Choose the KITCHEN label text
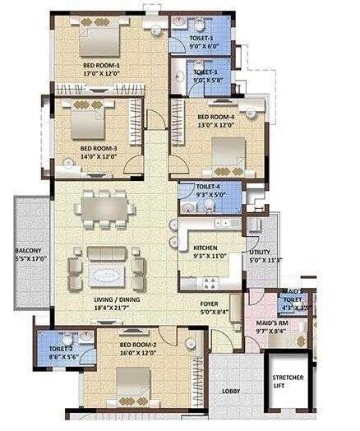(x=205, y=248)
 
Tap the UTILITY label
(x=261, y=253)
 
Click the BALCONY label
(x=29, y=250)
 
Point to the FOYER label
(x=210, y=304)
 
